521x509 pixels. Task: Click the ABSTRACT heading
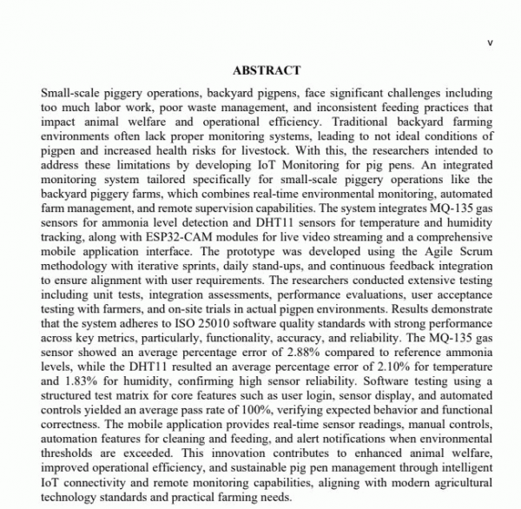tap(267, 70)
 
